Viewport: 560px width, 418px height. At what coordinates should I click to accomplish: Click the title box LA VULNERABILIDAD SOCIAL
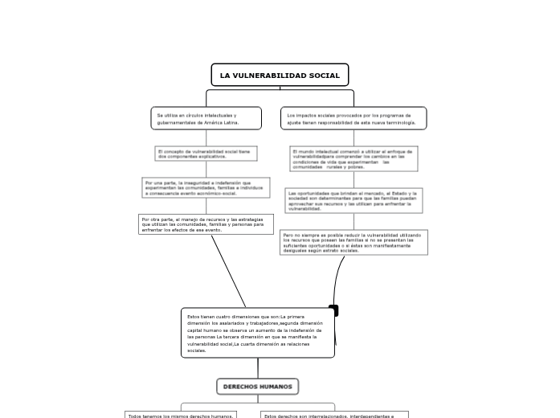point(280,75)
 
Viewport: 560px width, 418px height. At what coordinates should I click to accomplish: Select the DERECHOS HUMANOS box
point(257,387)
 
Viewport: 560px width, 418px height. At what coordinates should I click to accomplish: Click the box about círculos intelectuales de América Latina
point(206,118)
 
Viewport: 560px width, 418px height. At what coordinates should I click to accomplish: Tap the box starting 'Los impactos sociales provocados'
point(353,118)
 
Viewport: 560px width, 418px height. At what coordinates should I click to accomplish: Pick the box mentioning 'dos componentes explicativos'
point(206,154)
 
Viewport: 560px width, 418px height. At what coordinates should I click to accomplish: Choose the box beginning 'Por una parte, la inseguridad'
point(206,187)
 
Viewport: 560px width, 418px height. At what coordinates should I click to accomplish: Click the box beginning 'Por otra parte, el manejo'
point(206,223)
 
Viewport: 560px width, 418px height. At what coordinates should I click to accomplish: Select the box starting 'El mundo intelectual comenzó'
point(354,158)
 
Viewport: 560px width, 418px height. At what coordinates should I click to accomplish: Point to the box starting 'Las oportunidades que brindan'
point(354,200)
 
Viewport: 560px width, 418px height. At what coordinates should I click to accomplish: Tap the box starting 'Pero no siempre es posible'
point(354,242)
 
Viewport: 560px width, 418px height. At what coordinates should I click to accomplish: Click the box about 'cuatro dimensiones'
point(257,332)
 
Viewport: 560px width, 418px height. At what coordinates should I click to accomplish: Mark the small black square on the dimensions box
point(333,310)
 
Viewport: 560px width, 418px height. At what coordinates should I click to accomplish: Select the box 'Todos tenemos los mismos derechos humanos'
point(181,415)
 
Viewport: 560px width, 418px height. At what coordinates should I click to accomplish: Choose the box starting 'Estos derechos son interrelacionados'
point(334,415)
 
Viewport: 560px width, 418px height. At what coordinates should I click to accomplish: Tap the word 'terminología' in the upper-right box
point(399,123)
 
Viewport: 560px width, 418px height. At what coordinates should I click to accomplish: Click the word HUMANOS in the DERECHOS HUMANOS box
point(276,387)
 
